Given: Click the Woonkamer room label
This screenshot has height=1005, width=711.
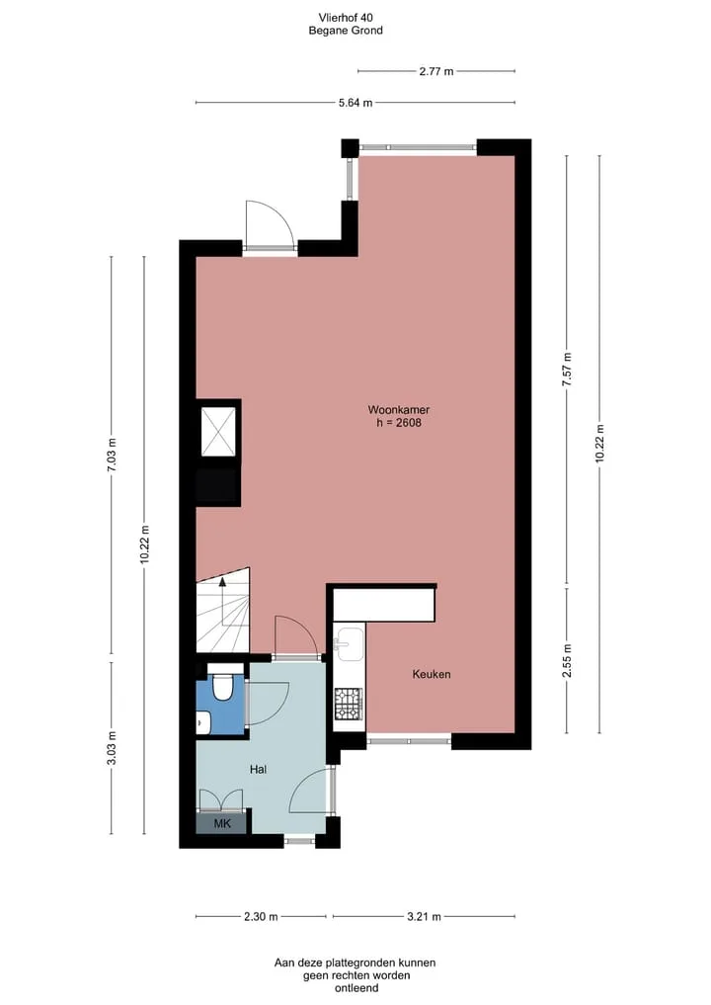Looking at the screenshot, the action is pyautogui.click(x=398, y=409).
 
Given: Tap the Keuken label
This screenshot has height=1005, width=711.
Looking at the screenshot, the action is pyautogui.click(x=432, y=674).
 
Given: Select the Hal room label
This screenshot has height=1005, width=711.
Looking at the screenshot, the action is pyautogui.click(x=258, y=769).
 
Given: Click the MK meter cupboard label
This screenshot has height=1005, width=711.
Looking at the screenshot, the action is pyautogui.click(x=221, y=823).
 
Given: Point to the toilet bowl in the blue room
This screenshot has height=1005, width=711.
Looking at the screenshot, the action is pyautogui.click(x=222, y=687).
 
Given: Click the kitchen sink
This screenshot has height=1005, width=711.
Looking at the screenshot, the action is pyautogui.click(x=349, y=643).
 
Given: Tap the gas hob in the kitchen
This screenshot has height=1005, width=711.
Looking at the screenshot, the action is pyautogui.click(x=349, y=704).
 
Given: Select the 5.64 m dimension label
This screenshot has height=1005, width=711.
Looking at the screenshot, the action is pyautogui.click(x=355, y=103).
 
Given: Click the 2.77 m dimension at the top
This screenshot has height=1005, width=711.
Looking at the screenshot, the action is pyautogui.click(x=436, y=71).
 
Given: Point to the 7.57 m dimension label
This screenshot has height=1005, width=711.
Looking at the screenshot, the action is pyautogui.click(x=566, y=370).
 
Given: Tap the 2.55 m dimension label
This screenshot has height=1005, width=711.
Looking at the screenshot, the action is pyautogui.click(x=566, y=660).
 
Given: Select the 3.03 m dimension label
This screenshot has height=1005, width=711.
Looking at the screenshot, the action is pyautogui.click(x=112, y=748).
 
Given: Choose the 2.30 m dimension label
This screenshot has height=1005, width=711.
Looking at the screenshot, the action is pyautogui.click(x=261, y=916).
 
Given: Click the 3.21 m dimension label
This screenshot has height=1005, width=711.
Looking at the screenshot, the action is pyautogui.click(x=424, y=916).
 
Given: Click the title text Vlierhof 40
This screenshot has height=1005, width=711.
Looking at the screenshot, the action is pyautogui.click(x=346, y=18).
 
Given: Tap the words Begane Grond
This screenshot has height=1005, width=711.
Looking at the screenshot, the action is pyautogui.click(x=346, y=30).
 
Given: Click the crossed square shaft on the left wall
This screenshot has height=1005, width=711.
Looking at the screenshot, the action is pyautogui.click(x=218, y=432).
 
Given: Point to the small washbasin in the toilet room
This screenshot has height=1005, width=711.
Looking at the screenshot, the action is pyautogui.click(x=202, y=722).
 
